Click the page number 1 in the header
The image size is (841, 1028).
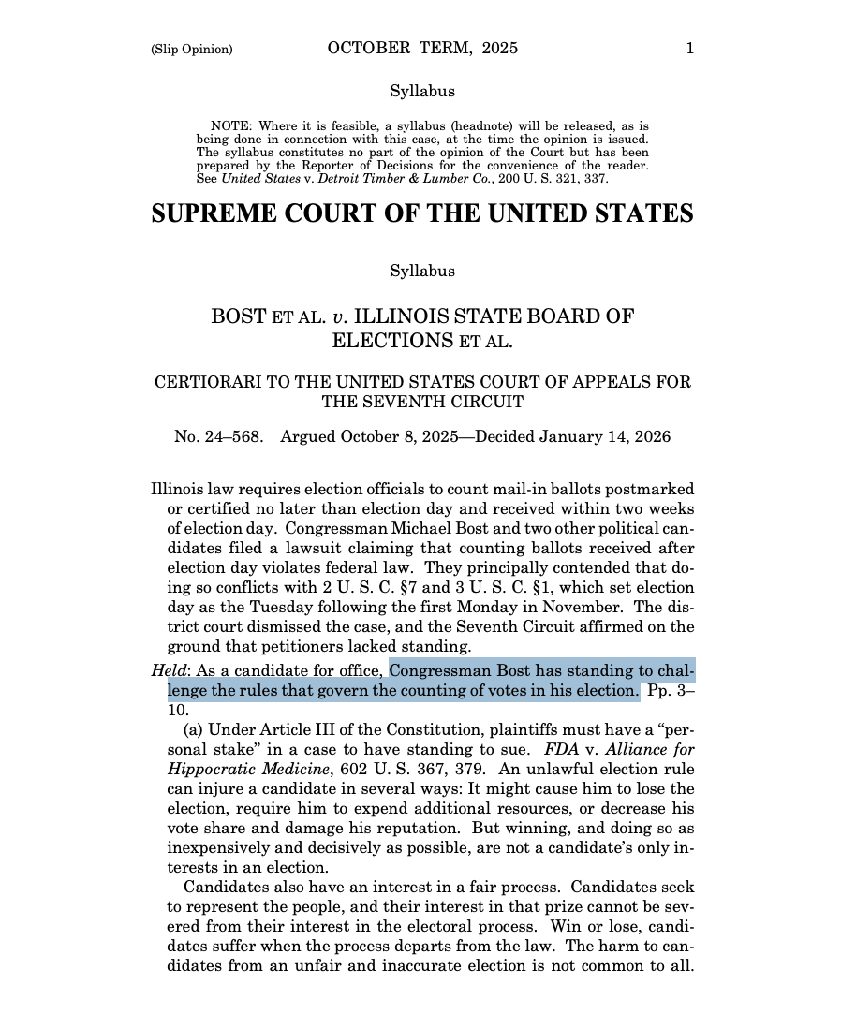tap(689, 49)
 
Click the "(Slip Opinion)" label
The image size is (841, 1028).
tap(191, 50)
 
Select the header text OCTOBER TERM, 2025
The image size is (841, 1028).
tap(422, 49)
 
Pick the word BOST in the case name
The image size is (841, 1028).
tap(239, 316)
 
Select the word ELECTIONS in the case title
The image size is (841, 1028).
tap(392, 341)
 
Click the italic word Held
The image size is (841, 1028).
tap(169, 670)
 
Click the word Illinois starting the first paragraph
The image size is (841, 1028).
tap(179, 489)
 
